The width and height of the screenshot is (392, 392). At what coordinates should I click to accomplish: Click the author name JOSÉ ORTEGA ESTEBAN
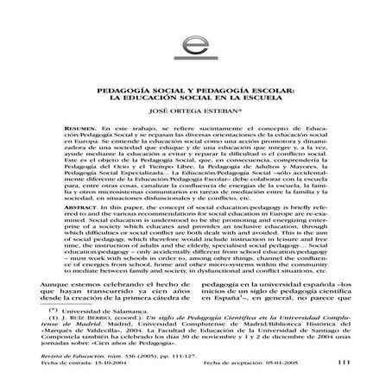(x=196, y=111)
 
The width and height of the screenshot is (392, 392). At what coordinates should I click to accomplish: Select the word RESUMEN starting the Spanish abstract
(x=73, y=127)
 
